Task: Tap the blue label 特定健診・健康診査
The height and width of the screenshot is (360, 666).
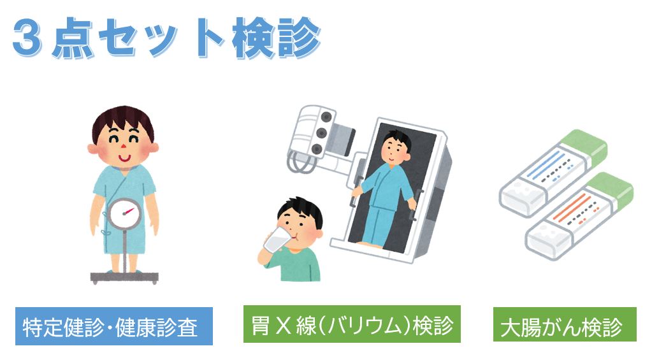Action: [x=114, y=326]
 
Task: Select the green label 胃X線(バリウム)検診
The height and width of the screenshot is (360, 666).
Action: [x=352, y=324]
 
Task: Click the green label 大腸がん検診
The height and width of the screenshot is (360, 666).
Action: [x=565, y=324]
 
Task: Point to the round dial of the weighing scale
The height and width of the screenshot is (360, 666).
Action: [x=124, y=213]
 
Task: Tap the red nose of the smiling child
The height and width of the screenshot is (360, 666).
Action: [x=123, y=147]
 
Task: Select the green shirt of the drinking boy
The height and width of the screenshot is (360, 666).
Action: [x=294, y=264]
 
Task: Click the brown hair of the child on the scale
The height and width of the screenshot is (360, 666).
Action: [x=123, y=119]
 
